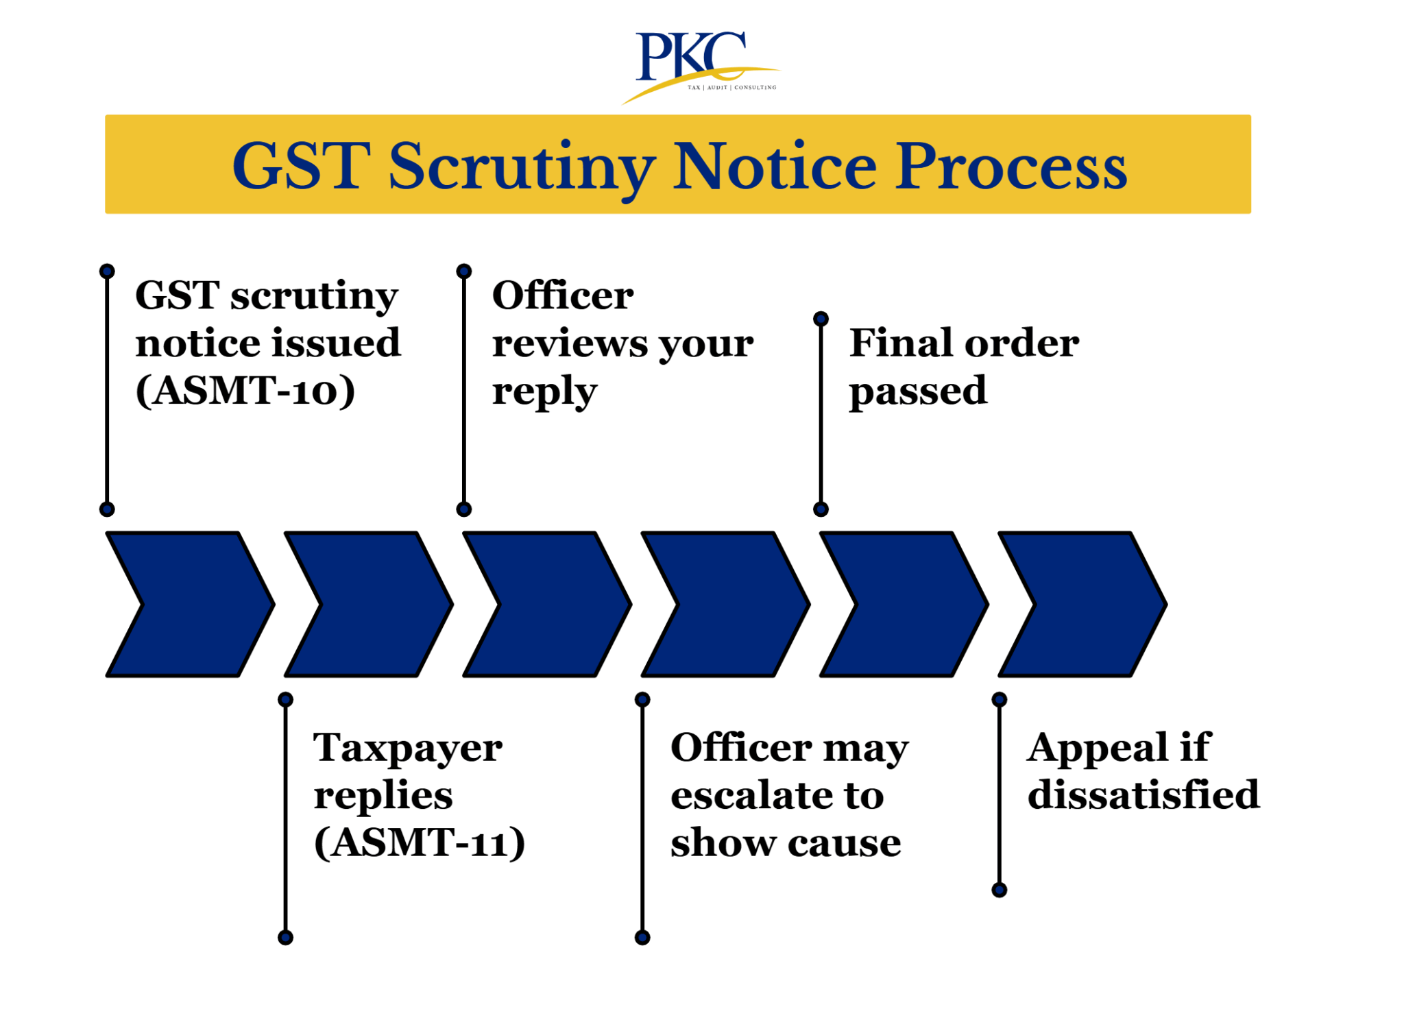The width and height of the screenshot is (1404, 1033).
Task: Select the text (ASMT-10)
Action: point(245,391)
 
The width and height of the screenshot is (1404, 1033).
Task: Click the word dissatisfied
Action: point(1143,795)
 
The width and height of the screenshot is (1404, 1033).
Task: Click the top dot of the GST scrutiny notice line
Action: point(107,271)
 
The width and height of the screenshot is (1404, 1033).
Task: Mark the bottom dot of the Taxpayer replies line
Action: point(285,937)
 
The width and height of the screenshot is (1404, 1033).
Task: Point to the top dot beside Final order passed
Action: point(821,319)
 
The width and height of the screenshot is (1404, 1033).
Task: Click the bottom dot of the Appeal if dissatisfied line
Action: point(999,890)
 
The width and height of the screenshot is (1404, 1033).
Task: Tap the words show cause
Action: point(786,843)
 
